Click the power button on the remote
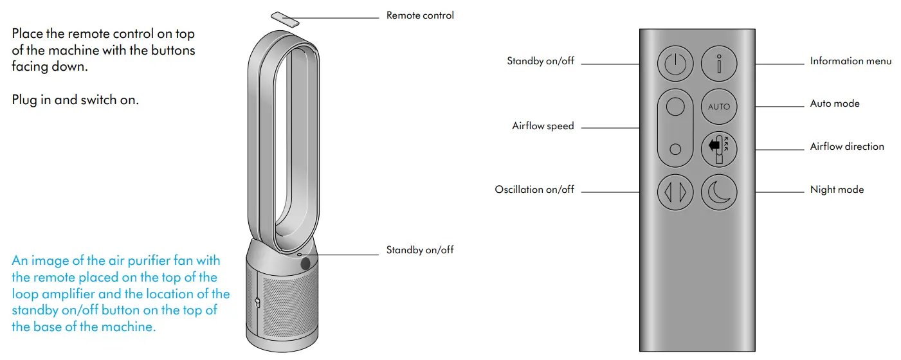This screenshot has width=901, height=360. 675,64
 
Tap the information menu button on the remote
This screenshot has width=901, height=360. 719,64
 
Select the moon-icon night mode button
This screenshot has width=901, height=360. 719,192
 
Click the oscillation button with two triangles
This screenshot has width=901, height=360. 675,192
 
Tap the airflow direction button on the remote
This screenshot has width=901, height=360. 719,147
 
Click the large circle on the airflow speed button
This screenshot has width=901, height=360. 675,107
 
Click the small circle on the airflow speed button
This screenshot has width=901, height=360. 675,149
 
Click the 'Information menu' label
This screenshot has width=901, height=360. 850,61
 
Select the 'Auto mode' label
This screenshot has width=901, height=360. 834,104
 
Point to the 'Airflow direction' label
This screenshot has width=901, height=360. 846,147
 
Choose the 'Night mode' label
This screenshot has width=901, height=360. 837,190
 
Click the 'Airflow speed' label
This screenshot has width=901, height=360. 543,126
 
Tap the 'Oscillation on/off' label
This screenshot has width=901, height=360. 534,190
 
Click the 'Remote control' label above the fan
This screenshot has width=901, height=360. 420,15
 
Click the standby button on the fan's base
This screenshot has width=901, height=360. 305,262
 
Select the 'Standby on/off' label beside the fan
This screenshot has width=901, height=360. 420,249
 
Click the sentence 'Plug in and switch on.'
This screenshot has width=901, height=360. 75,100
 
